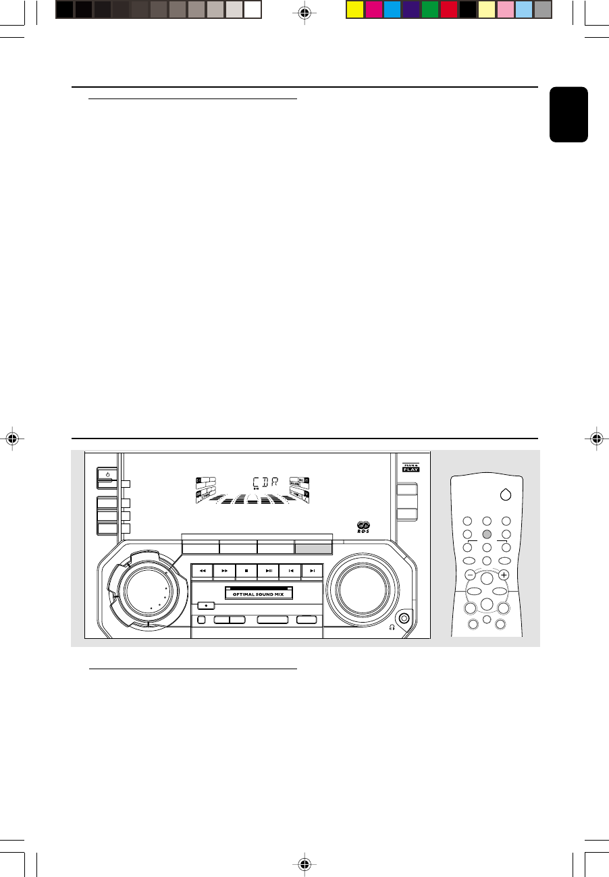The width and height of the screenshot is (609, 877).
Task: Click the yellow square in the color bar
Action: (x=355, y=9)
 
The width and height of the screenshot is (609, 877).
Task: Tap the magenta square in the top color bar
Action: (x=373, y=9)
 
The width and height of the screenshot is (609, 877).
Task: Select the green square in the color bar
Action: (x=430, y=9)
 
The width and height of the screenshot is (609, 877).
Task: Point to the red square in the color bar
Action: (x=449, y=9)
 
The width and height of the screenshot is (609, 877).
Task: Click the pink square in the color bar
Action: (x=506, y=9)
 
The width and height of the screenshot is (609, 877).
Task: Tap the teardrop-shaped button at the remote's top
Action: (x=504, y=494)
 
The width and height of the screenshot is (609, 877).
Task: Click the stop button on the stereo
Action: (x=247, y=571)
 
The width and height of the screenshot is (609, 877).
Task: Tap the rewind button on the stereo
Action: (x=202, y=571)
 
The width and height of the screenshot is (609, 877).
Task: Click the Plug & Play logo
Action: (x=411, y=467)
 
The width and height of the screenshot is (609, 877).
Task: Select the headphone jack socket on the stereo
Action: (x=404, y=617)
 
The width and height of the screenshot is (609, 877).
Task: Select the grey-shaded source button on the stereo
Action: (x=314, y=548)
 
